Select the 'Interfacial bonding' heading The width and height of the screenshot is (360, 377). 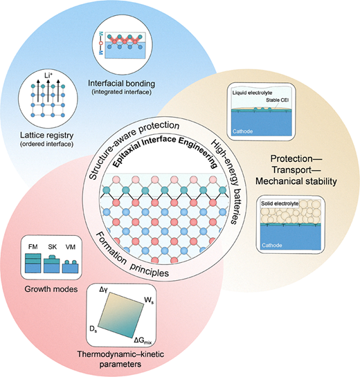pyautogui.click(x=122, y=84)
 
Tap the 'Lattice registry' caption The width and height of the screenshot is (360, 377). pyautogui.click(x=46, y=135)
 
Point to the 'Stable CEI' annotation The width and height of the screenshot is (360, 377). pyautogui.click(x=277, y=100)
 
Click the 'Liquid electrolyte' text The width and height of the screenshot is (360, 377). pyautogui.click(x=252, y=93)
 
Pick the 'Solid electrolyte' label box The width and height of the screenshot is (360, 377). pyautogui.click(x=280, y=203)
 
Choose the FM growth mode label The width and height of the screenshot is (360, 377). pyautogui.click(x=33, y=247)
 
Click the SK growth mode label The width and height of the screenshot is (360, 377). pyautogui.click(x=52, y=247)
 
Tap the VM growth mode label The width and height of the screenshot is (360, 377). pyautogui.click(x=70, y=247)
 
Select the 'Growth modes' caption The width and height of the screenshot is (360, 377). pyautogui.click(x=51, y=288)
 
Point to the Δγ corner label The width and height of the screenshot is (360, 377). pyautogui.click(x=103, y=290)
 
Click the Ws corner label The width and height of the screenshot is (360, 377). pyautogui.click(x=149, y=300)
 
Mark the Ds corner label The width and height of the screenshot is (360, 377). pyautogui.click(x=93, y=329)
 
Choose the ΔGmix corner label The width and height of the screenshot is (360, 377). pyautogui.click(x=143, y=341)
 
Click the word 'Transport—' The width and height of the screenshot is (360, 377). pyautogui.click(x=296, y=169)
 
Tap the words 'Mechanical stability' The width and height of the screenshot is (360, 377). pyautogui.click(x=296, y=181)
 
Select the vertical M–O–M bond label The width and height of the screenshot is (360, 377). pyautogui.click(x=101, y=44)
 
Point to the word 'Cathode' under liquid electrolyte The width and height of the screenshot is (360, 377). pyautogui.click(x=242, y=131)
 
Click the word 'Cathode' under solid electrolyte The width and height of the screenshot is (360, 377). pyautogui.click(x=272, y=246)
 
